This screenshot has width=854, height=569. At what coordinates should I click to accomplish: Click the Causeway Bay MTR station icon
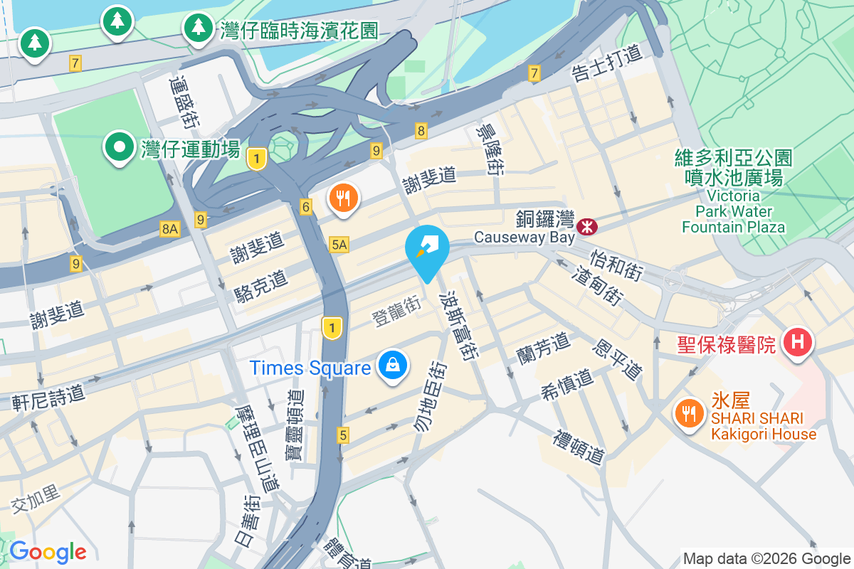coord(588,227)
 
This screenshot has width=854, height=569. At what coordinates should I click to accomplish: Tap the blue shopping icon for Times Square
coord(391,366)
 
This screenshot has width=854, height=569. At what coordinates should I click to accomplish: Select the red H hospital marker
coord(797,342)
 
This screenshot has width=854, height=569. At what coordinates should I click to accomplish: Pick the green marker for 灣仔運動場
coord(120,147)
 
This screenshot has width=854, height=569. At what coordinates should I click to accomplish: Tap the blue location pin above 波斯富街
coord(427,248)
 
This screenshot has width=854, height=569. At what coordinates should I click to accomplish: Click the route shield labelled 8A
coord(170,228)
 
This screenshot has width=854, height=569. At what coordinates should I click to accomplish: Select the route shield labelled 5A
coord(339,245)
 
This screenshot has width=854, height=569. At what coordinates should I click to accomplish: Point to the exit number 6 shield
coord(306,207)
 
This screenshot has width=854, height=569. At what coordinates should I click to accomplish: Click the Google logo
coord(48,552)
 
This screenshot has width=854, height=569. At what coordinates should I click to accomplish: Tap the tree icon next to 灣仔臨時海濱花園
coord(196,28)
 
